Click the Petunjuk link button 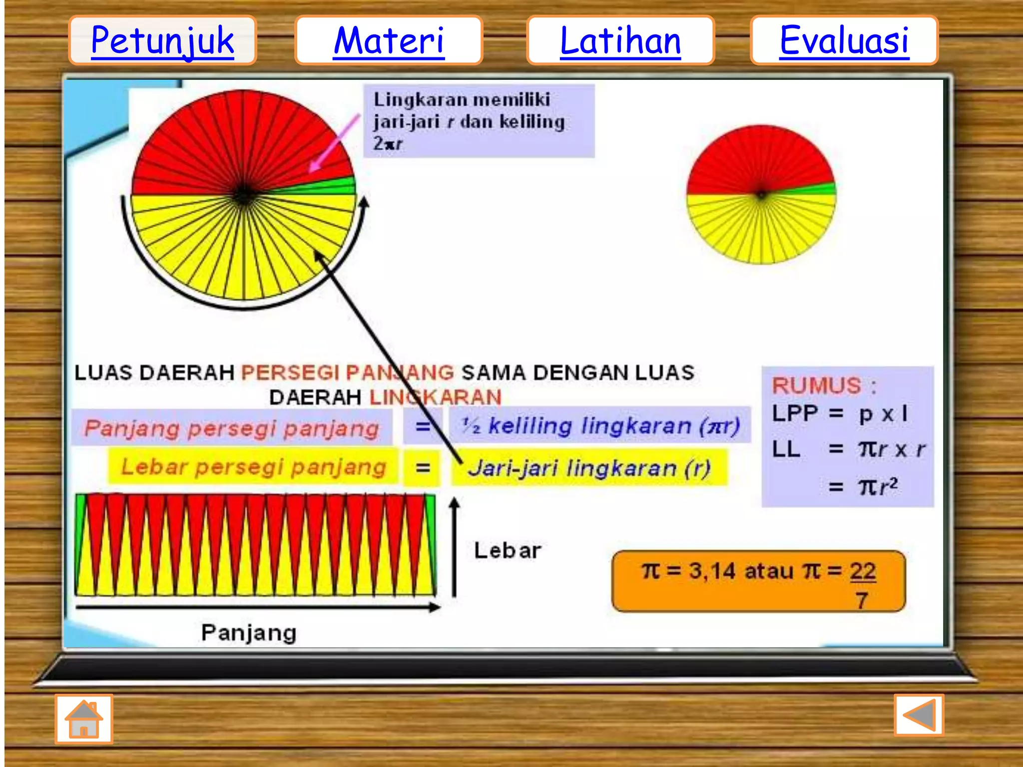tap(162, 40)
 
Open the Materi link tap(389, 40)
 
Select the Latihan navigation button tap(620, 40)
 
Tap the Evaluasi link tap(844, 40)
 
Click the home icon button tap(84, 719)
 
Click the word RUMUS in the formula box tap(817, 385)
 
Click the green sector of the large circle tap(336, 186)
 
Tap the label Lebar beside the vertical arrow tap(508, 550)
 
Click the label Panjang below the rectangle tap(249, 633)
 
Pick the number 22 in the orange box tap(863, 571)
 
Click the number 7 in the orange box tap(862, 599)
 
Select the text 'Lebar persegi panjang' tap(254, 467)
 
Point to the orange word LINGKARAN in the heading tap(435, 397)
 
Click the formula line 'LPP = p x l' tap(839, 414)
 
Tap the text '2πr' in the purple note tap(388, 144)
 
